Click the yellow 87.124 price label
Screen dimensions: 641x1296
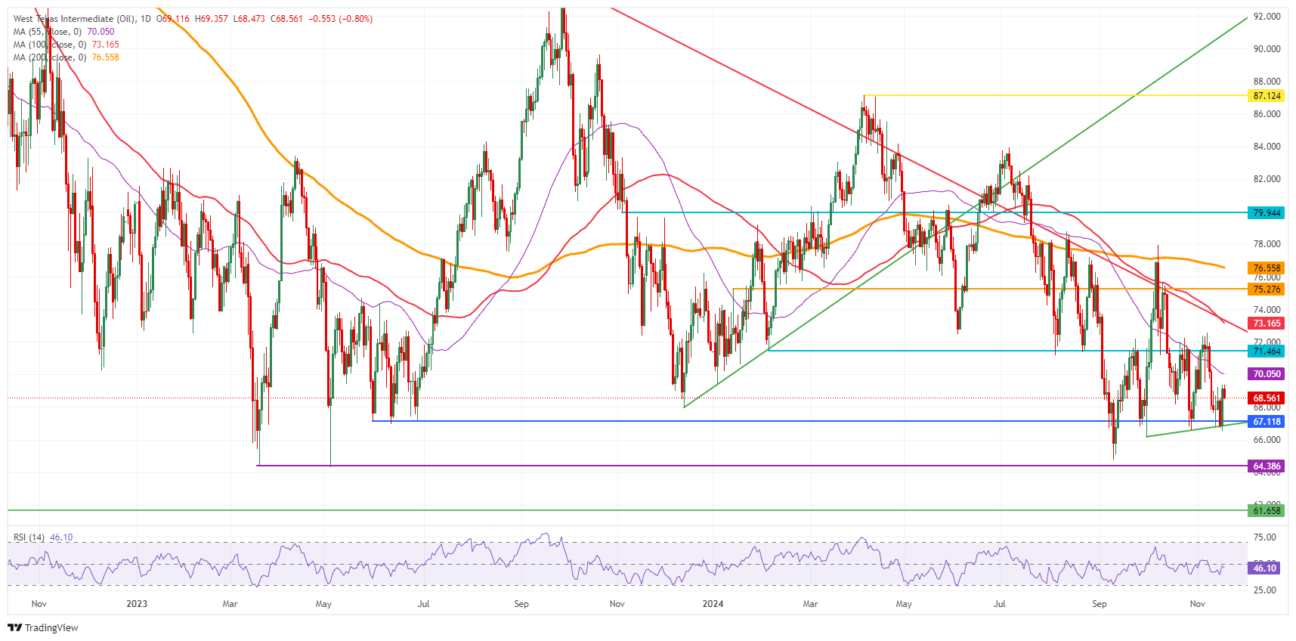tap(1267, 96)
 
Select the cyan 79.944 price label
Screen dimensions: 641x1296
tap(1267, 213)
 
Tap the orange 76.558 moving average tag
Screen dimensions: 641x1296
tap(1267, 268)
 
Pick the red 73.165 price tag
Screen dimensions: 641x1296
tap(1267, 324)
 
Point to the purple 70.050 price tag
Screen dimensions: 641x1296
tap(1267, 374)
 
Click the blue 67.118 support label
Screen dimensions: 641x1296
tap(1267, 422)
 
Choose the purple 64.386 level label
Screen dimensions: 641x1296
tap(1267, 466)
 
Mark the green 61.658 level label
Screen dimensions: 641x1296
tap(1267, 511)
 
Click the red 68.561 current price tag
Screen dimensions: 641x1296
tap(1267, 398)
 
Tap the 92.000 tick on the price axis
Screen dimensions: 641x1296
tap(1267, 16)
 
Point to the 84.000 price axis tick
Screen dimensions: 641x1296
tap(1267, 147)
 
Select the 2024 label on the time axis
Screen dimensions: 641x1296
tap(713, 604)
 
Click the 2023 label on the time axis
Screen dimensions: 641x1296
tap(137, 604)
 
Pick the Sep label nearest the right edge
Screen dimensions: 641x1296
tap(1099, 604)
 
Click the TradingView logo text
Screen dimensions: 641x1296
tap(51, 628)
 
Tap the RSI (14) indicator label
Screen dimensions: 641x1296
tap(29, 537)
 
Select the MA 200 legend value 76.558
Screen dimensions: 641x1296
tap(105, 57)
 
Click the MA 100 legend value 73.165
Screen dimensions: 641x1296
tap(105, 45)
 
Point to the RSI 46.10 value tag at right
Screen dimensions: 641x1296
tap(1264, 568)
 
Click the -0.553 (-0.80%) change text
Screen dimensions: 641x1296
tap(340, 19)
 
